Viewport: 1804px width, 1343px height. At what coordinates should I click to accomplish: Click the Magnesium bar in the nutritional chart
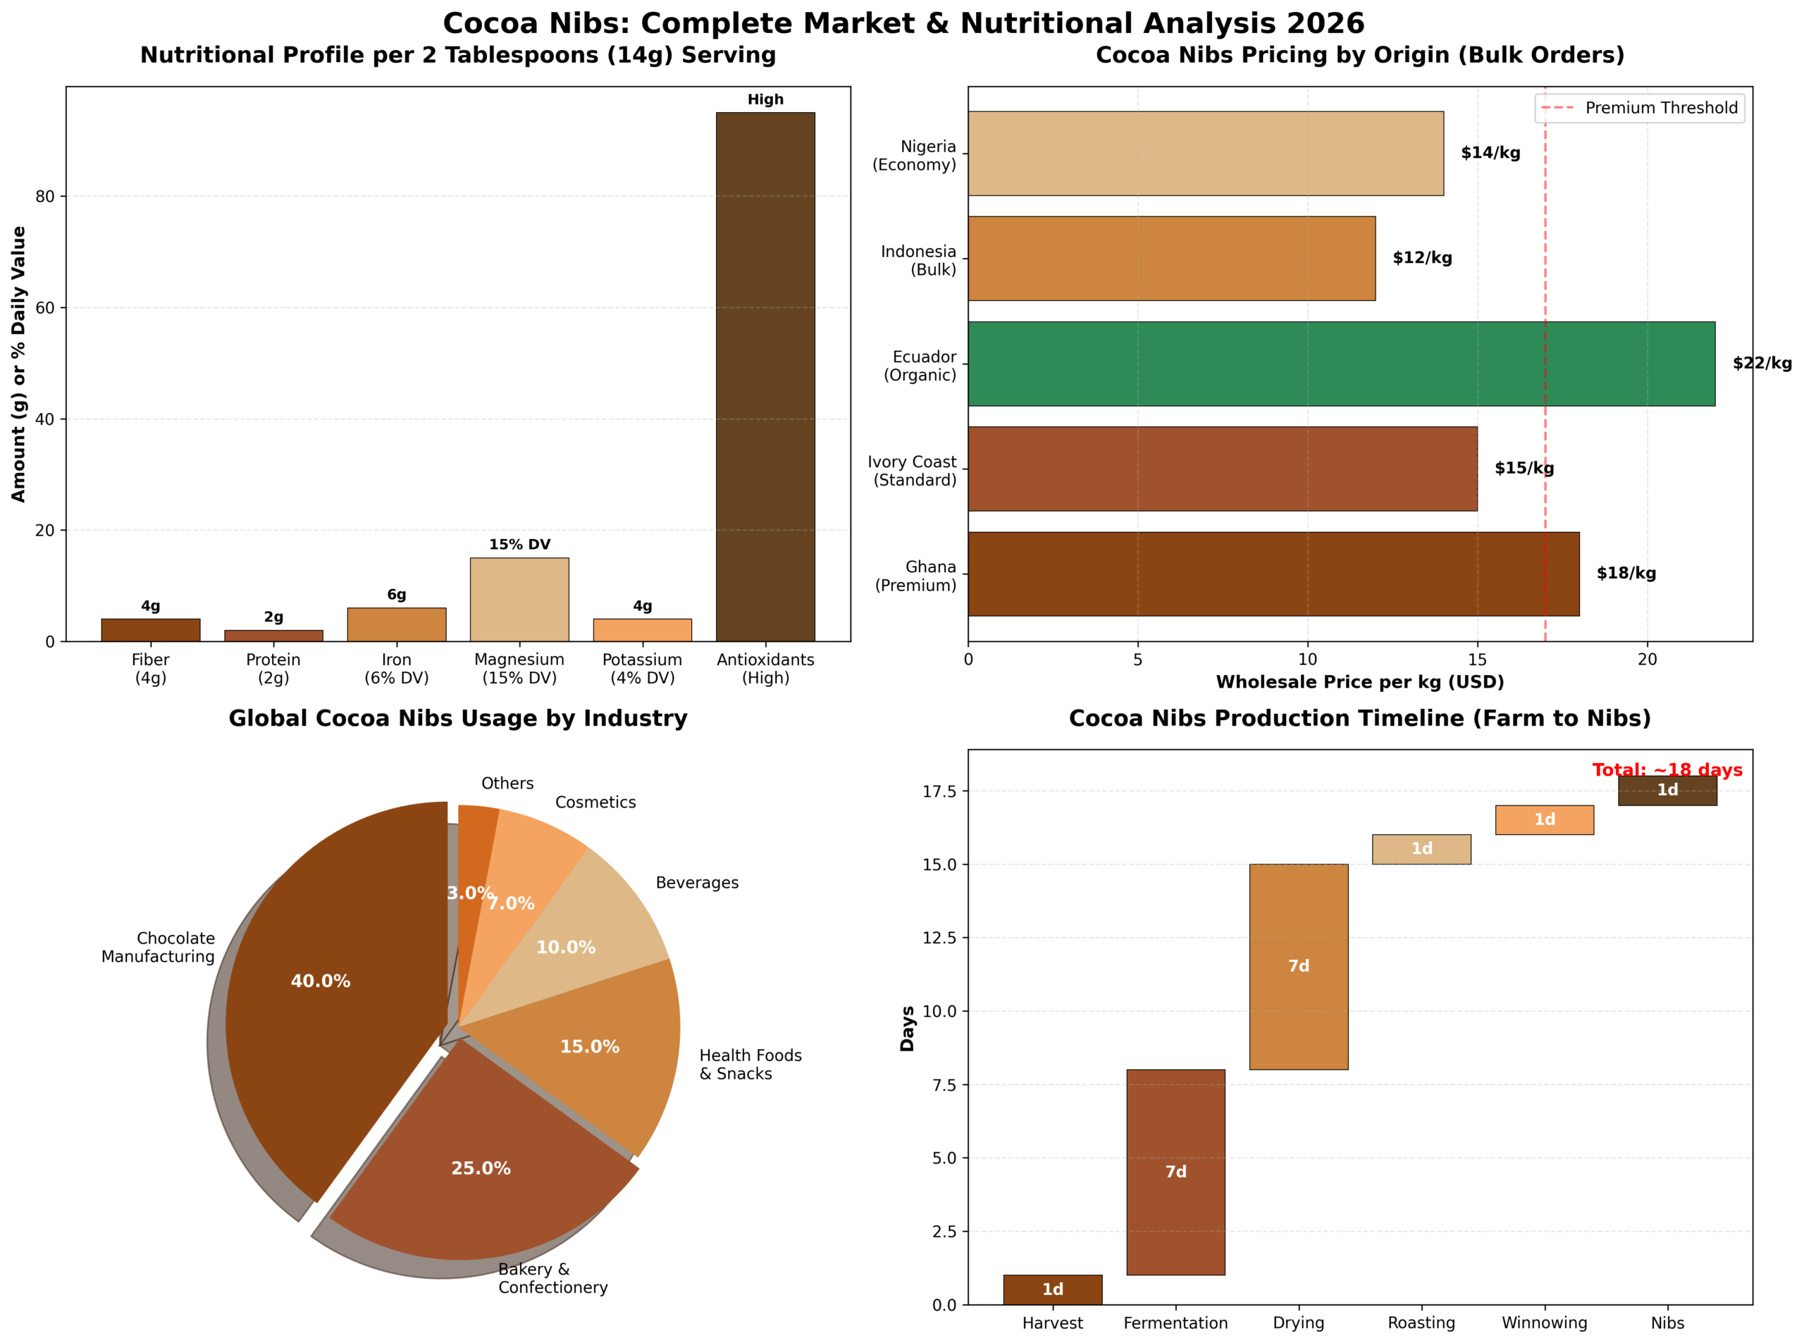point(519,599)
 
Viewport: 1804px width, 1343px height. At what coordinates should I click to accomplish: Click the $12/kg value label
point(1421,258)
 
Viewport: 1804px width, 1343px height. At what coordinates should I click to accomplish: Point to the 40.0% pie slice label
point(321,982)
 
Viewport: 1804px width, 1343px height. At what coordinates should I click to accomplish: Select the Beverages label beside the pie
point(697,883)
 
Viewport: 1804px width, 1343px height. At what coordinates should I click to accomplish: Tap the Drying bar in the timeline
point(1297,967)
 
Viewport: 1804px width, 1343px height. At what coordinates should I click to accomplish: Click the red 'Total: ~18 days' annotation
point(1667,770)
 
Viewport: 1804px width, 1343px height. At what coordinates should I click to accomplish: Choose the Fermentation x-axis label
point(1175,1323)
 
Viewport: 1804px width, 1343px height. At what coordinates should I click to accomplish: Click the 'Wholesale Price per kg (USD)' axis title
point(1359,682)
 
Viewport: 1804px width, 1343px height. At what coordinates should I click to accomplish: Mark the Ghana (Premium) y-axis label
point(915,576)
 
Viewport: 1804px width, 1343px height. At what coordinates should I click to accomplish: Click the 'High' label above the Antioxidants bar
point(765,99)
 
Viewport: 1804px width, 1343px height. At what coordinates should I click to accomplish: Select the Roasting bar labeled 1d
point(1421,849)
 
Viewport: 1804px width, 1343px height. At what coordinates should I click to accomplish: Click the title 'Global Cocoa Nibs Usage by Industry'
point(458,719)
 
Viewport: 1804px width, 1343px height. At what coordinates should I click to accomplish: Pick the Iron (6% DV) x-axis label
point(396,668)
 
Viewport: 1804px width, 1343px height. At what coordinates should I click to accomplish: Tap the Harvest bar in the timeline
point(1052,1289)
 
